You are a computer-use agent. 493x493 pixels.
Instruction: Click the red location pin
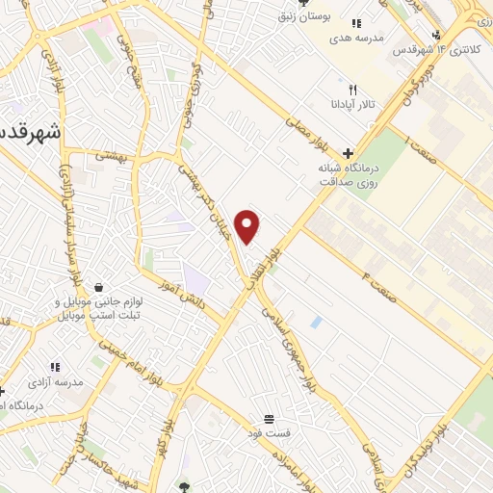tap(248, 226)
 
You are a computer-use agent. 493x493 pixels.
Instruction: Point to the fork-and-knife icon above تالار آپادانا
tap(353, 90)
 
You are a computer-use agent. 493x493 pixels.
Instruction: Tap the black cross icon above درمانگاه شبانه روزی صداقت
tap(348, 153)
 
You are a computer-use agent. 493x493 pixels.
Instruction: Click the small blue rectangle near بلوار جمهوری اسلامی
tap(317, 322)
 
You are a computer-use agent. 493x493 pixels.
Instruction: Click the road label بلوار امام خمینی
tap(143, 364)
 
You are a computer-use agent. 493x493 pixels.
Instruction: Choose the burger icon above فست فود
tap(269, 420)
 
